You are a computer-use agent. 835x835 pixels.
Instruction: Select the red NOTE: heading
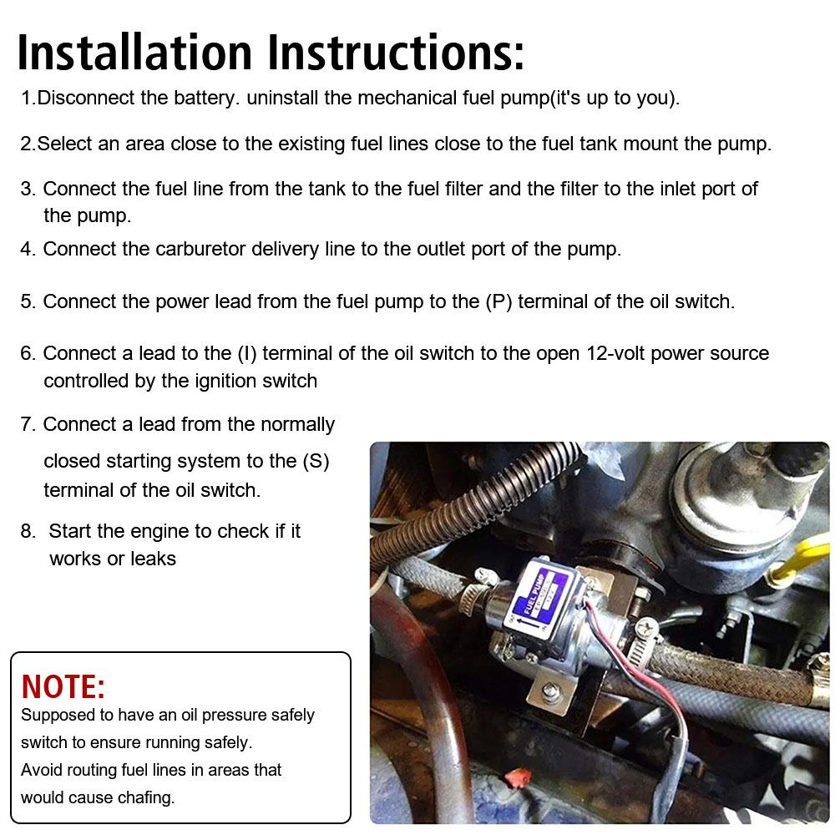click(x=63, y=686)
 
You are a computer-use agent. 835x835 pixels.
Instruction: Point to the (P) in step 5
click(x=498, y=301)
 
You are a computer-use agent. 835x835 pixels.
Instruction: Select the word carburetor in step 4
click(x=200, y=249)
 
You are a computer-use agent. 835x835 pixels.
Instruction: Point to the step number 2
click(x=27, y=144)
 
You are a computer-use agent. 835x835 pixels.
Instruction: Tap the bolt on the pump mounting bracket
click(x=551, y=690)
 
